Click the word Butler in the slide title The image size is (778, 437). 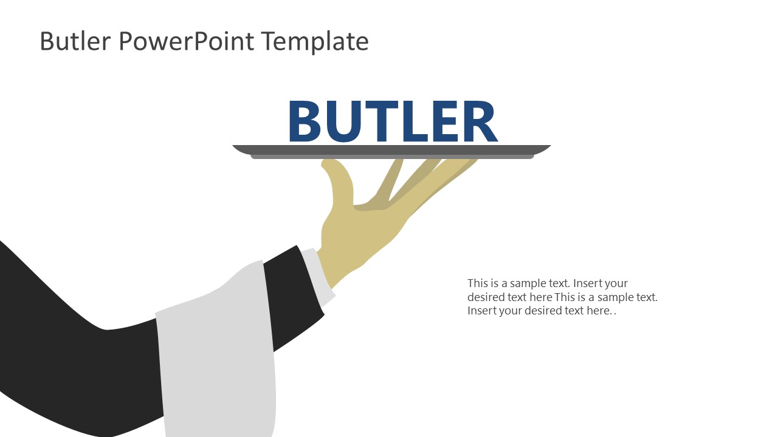click(76, 41)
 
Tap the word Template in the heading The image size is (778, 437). click(315, 41)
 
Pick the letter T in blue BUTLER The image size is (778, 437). click(391, 122)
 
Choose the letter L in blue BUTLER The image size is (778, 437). click(423, 122)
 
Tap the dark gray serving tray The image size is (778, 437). click(391, 150)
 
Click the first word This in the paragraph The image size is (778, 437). click(477, 283)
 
